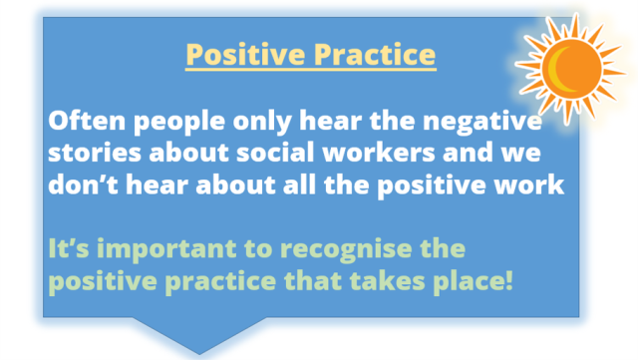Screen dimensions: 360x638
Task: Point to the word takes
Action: tap(384, 276)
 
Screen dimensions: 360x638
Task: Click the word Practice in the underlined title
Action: tap(369, 54)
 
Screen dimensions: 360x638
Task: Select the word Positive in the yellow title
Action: tap(239, 54)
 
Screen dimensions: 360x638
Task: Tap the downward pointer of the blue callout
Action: tap(198, 334)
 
